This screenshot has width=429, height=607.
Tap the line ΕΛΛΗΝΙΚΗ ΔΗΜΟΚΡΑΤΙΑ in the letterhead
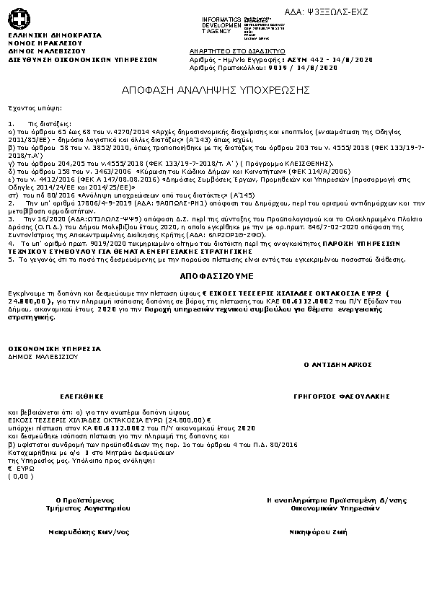coord(55,35)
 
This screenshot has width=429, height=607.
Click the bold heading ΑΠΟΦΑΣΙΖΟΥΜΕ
coord(214,276)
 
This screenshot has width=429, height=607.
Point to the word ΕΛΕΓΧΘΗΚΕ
coord(82,396)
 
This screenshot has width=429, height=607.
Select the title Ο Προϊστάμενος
coord(85,500)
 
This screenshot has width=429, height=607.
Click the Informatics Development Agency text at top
coord(221,24)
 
